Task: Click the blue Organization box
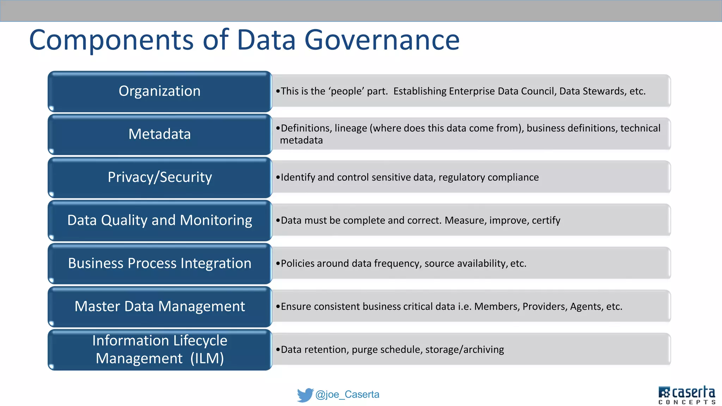click(160, 91)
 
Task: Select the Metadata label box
click(160, 134)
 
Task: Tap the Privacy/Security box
click(160, 177)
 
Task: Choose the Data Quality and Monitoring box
click(160, 220)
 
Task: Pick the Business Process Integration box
click(160, 263)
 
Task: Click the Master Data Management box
click(160, 306)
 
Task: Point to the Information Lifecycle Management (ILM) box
click(160, 349)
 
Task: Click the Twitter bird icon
click(305, 395)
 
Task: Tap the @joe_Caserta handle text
click(347, 394)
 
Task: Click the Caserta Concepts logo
click(687, 395)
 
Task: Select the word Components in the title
click(111, 40)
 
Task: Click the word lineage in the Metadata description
click(350, 128)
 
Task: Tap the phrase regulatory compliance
click(489, 177)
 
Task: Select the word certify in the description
click(546, 221)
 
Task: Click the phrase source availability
click(465, 264)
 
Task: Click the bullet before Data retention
click(278, 350)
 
